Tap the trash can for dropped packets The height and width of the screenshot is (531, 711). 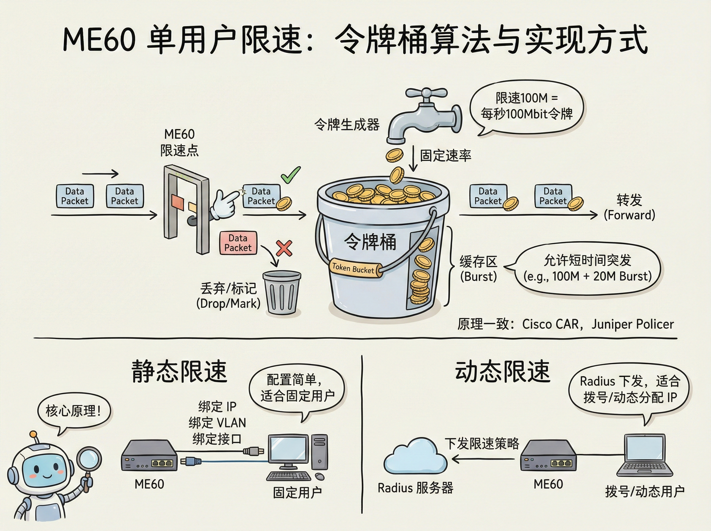(282, 292)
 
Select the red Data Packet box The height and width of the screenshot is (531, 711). (238, 243)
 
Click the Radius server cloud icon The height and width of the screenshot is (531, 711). (415, 456)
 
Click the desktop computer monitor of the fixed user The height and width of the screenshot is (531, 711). (288, 450)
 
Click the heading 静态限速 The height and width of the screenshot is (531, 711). (179, 372)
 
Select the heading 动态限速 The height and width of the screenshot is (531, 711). (503, 372)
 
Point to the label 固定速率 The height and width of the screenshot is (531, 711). (446, 156)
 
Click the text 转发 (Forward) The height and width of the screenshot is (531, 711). (629, 207)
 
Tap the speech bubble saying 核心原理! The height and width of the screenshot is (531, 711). (74, 411)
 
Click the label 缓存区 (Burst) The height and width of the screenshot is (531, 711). (478, 269)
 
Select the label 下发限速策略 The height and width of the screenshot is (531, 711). (482, 444)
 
